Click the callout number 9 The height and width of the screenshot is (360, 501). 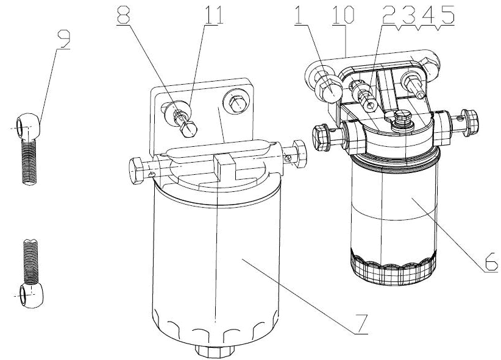64,39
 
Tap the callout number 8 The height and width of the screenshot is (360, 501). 123,13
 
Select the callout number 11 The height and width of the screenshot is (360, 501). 214,14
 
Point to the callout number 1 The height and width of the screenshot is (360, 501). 299,15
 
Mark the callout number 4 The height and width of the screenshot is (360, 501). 427,15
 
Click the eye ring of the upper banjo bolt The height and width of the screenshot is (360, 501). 28,125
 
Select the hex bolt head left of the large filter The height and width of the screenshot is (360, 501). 137,171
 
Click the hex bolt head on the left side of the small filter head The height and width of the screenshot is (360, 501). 322,137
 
